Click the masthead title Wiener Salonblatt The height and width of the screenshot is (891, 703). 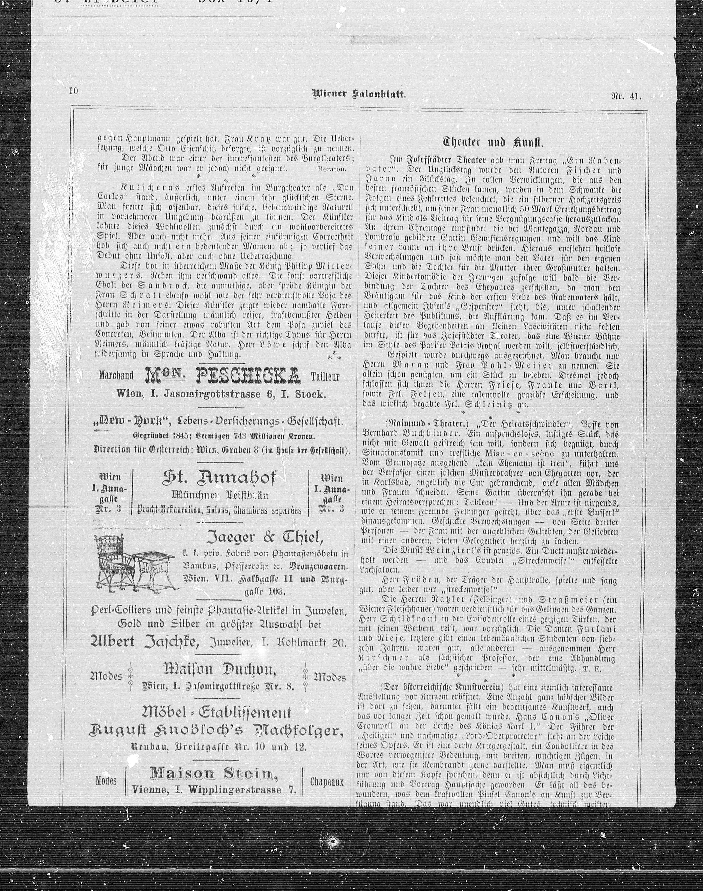point(359,94)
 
